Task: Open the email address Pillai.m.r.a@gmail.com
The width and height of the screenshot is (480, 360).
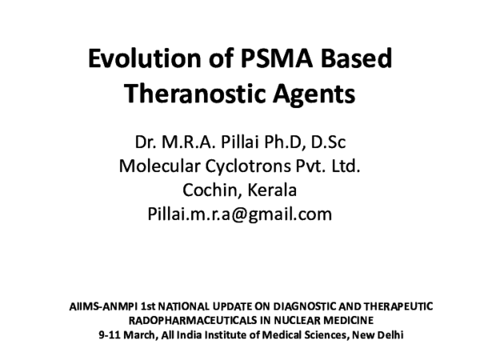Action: tap(239, 214)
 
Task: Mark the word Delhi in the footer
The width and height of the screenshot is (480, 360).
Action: tap(390, 334)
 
